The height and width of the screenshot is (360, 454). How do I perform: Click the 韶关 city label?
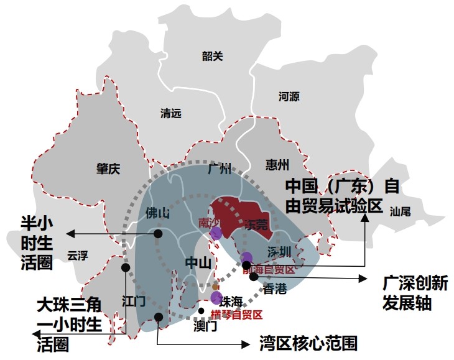[212, 56]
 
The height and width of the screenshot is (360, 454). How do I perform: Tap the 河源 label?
[289, 96]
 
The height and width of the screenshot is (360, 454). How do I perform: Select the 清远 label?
[170, 113]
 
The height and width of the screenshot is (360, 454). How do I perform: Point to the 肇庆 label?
[108, 168]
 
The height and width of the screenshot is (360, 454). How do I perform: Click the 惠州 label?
[277, 165]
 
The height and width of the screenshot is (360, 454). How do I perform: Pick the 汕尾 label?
[401, 211]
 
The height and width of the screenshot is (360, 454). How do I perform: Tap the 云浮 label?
[78, 255]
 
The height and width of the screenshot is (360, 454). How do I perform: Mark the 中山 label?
[197, 264]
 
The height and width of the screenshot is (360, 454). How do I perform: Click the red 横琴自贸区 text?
[237, 315]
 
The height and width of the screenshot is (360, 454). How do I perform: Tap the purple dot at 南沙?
[216, 233]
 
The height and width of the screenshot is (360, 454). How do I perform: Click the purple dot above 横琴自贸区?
[216, 298]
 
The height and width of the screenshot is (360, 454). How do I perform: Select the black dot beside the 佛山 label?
[159, 234]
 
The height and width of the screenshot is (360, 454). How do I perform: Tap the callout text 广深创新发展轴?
[415, 293]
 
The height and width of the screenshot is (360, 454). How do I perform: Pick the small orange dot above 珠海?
[215, 287]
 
